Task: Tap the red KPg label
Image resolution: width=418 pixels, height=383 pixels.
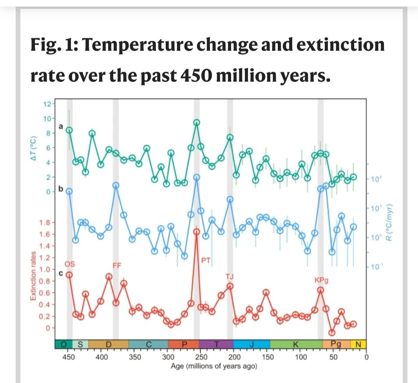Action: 321,280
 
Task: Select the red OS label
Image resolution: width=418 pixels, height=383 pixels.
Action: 69,264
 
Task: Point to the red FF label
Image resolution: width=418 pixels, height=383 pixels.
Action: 117,266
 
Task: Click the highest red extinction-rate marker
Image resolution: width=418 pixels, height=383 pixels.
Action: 197,232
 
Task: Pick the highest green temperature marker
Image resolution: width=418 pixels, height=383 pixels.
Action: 197,122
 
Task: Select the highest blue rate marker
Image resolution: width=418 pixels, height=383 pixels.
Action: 197,177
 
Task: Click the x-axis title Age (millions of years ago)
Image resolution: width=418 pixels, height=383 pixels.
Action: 214,366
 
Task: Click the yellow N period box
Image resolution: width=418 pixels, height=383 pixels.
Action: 358,345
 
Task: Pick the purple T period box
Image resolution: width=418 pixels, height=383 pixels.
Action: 217,345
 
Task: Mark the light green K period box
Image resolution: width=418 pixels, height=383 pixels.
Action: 296,345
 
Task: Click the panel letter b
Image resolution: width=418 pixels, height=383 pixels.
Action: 61,189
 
